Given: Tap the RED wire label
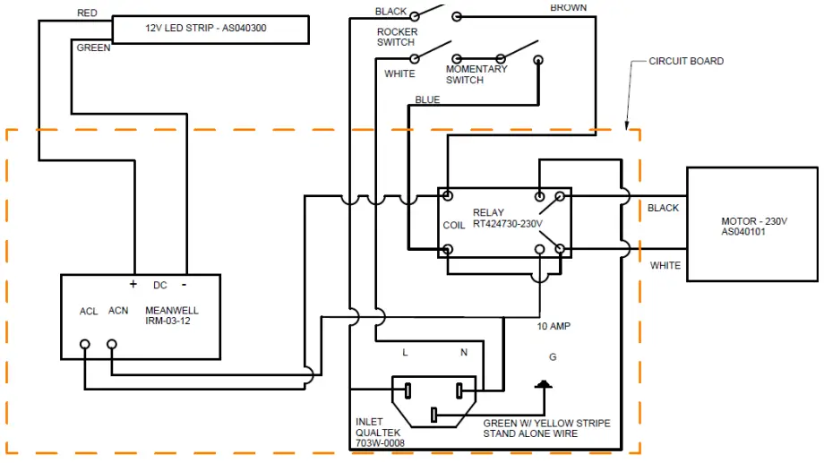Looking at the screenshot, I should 87,13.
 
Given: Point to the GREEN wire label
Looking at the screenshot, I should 94,48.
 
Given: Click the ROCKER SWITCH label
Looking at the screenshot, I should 397,38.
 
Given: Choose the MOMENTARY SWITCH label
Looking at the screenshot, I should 476,74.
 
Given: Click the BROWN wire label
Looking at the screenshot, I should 569,8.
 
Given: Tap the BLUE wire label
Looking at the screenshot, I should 427,100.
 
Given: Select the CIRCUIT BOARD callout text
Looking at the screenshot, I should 686,62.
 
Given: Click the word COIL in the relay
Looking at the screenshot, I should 454,226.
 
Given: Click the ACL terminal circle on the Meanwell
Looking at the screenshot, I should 85,344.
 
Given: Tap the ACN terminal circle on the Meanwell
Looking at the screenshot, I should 112,344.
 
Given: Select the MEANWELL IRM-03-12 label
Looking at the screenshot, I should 172,316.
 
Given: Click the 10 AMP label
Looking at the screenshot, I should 554,327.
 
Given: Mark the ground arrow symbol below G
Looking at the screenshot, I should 542,386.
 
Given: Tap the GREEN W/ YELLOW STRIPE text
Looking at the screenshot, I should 546,424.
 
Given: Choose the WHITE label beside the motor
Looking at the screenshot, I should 665,265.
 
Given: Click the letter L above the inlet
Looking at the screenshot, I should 405,353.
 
